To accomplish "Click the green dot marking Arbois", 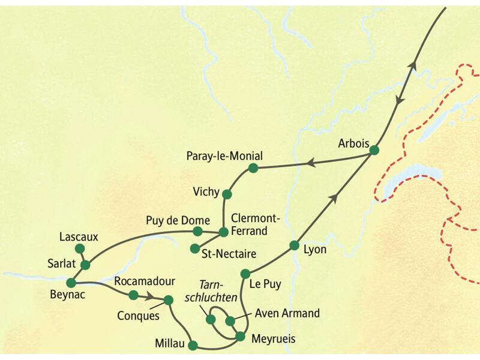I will (374, 151).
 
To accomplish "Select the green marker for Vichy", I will (227, 194).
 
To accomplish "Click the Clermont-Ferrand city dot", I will (223, 232).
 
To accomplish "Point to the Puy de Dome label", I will (178, 220).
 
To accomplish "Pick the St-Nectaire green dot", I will (194, 248).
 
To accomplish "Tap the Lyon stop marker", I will (294, 245).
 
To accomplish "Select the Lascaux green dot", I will (79, 248).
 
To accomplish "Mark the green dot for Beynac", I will (72, 283).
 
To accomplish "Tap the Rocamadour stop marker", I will (134, 295).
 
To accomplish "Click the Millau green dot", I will (193, 345).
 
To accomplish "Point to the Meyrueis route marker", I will (240, 336).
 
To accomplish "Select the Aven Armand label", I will (287, 313).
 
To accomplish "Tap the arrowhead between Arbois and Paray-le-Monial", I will (311, 162).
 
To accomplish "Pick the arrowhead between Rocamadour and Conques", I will (149, 296).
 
